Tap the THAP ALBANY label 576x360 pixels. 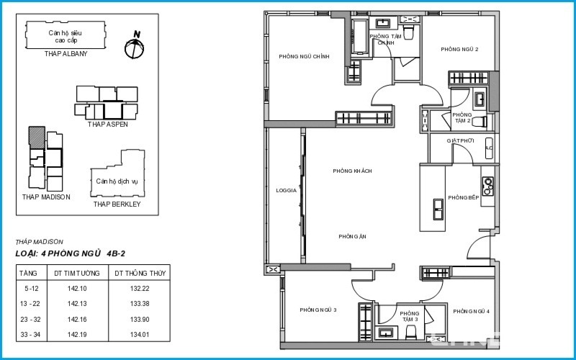(x=66, y=53)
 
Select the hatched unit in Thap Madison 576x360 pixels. (x=37, y=138)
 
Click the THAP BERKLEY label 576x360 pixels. (x=117, y=204)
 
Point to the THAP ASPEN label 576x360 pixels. (x=107, y=124)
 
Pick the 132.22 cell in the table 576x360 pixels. (x=140, y=289)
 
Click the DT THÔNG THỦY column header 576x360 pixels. (x=140, y=274)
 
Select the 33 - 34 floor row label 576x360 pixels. (x=30, y=335)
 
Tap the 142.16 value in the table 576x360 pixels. (x=77, y=320)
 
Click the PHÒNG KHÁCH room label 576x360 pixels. (x=352, y=171)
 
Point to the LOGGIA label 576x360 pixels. (x=286, y=191)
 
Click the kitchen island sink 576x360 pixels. (x=438, y=210)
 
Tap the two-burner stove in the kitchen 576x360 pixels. (x=488, y=186)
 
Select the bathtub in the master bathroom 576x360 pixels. (x=359, y=37)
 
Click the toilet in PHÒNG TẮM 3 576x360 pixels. (x=410, y=332)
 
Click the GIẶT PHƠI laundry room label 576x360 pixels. (x=460, y=140)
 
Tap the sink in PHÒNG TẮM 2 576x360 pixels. (x=480, y=99)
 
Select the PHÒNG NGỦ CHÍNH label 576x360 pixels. (x=304, y=57)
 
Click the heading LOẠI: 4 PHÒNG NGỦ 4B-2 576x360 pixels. (x=70, y=253)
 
